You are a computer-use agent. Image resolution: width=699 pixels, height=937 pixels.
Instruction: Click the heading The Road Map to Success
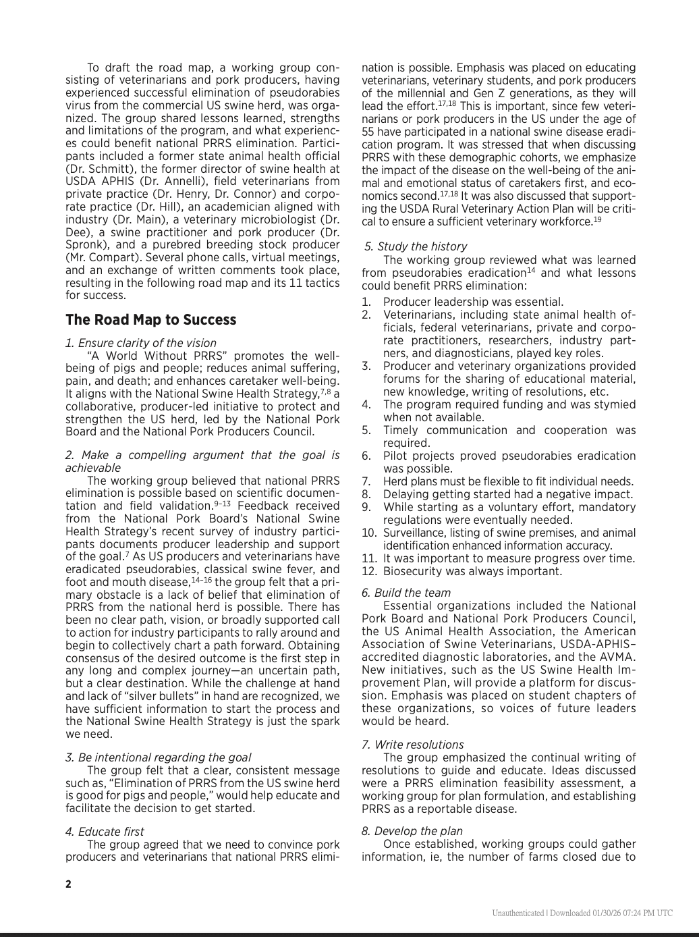click(150, 320)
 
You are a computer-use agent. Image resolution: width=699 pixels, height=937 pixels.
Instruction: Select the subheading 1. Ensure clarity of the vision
click(141, 343)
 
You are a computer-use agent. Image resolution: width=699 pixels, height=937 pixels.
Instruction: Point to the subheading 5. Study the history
click(416, 246)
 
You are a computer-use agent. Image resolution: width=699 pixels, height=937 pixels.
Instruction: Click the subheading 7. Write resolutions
click(412, 745)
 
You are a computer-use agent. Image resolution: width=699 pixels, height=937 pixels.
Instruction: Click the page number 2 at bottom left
click(68, 884)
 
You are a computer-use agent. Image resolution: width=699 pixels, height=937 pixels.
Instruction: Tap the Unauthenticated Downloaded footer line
click(582, 913)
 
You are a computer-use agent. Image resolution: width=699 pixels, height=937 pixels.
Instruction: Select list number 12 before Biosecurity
click(368, 572)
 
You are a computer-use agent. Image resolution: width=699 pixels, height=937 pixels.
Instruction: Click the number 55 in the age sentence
click(368, 132)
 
